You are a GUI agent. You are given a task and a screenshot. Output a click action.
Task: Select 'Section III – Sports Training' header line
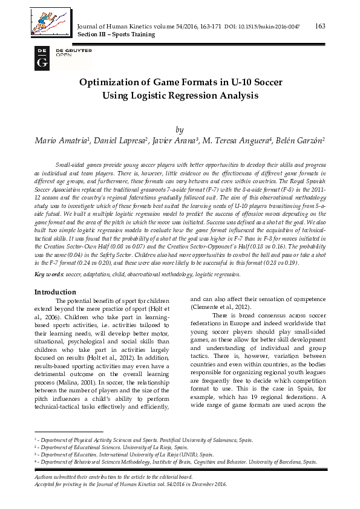pyautogui.click(x=116, y=34)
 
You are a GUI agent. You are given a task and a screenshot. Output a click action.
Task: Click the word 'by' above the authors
pyautogui.click(x=179, y=129)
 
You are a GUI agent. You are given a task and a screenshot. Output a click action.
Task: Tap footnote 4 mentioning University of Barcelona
pyautogui.click(x=175, y=461)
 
